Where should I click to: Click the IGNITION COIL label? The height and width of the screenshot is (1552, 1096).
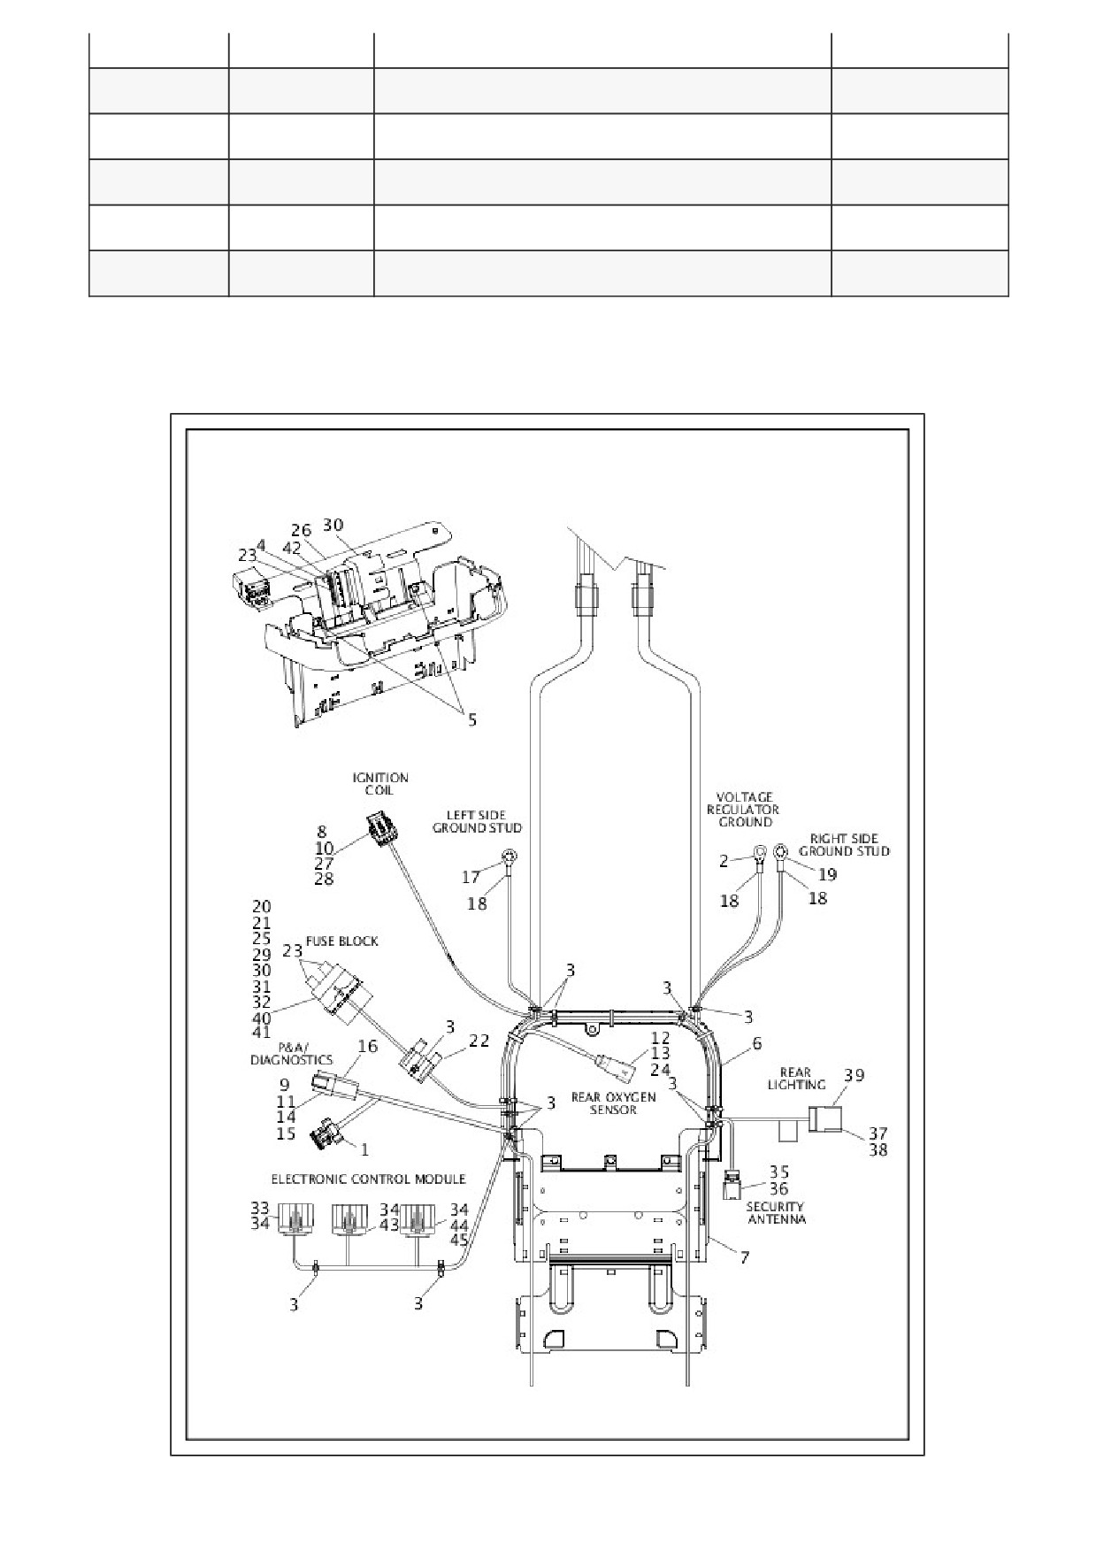click(x=380, y=784)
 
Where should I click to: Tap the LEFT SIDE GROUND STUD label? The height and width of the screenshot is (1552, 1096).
click(x=477, y=821)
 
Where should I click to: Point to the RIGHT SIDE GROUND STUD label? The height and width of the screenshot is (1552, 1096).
click(x=844, y=844)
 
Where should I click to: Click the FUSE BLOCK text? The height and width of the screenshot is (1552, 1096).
click(x=341, y=941)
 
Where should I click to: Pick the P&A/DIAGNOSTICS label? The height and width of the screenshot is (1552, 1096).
click(x=291, y=1054)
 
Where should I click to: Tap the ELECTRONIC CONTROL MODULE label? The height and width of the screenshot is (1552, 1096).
click(x=368, y=1179)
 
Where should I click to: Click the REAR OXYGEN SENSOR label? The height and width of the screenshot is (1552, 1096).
click(x=613, y=1103)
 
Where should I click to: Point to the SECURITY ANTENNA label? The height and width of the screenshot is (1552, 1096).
click(x=775, y=1212)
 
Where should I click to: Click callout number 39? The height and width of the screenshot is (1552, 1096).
click(x=854, y=1075)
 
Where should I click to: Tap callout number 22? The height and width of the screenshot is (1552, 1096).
click(x=479, y=1041)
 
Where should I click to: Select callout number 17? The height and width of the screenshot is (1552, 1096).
click(x=471, y=877)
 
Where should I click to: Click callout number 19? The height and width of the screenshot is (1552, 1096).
click(x=827, y=874)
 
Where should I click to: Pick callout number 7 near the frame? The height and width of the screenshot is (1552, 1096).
click(x=744, y=1256)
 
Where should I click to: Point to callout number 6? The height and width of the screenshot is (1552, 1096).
click(x=756, y=1044)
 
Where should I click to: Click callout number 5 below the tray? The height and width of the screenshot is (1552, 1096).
click(x=472, y=719)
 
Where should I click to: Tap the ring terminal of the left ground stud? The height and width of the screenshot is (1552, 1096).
click(x=510, y=857)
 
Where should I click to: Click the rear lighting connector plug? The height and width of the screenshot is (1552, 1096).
click(x=824, y=1120)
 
